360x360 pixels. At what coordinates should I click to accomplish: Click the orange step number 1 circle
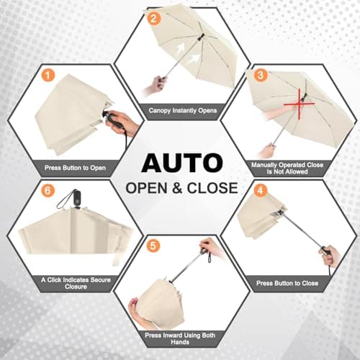pyautogui.click(x=47, y=74)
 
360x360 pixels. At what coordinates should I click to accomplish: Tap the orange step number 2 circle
pyautogui.click(x=153, y=19)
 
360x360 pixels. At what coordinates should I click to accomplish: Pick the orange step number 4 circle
pyautogui.click(x=261, y=190)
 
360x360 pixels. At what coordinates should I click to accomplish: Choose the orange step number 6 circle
pyautogui.click(x=48, y=190)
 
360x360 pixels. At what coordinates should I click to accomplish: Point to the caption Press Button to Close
pyautogui.click(x=287, y=284)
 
